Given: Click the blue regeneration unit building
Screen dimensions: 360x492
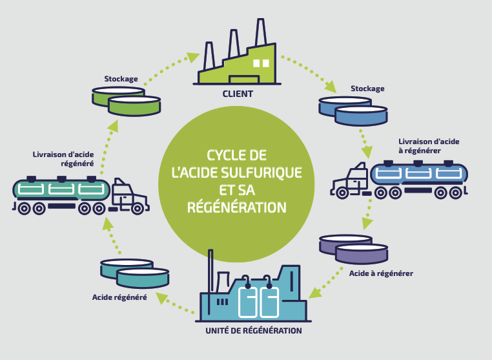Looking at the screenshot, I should pyautogui.click(x=256, y=297).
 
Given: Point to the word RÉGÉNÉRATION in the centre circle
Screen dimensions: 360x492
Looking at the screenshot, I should pyautogui.click(x=236, y=208).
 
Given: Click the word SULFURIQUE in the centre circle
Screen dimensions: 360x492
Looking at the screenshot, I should pyautogui.click(x=261, y=173).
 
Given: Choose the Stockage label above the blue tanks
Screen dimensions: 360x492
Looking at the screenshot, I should pyautogui.click(x=367, y=89).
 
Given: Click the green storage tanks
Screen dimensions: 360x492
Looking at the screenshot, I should pyautogui.click(x=126, y=100).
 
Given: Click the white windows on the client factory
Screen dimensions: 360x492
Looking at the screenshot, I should pyautogui.click(x=260, y=63).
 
